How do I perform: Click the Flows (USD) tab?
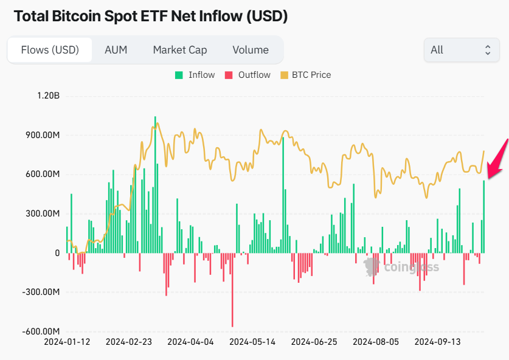point(50,50)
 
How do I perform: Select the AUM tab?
point(116,50)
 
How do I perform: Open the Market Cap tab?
point(180,50)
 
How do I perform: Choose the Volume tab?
point(250,50)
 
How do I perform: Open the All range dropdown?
point(461,50)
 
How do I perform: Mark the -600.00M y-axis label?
point(41,331)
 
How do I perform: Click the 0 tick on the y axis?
point(57,253)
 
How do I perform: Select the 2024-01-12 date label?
point(67,342)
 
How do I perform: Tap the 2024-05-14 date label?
point(252,342)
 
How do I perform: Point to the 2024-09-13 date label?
point(437,342)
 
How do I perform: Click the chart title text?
point(150,16)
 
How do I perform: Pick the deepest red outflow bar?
point(232,289)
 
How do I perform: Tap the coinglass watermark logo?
point(401,267)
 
